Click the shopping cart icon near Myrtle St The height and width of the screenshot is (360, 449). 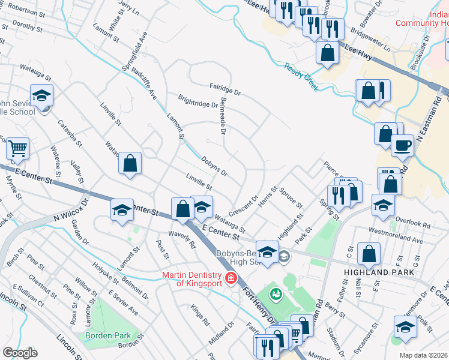click(x=17, y=147)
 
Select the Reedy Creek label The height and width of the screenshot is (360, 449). click(x=301, y=77)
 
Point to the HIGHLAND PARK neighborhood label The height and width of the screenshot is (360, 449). click(x=379, y=272)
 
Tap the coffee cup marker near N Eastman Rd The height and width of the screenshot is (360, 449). click(x=403, y=145)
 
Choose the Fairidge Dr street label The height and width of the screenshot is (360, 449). click(x=224, y=89)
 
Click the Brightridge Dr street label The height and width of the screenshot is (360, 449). click(x=197, y=100)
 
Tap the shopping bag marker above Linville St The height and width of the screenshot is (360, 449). click(x=130, y=163)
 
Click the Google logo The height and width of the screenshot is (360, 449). click(x=20, y=353)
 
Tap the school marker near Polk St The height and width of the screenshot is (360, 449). click(x=405, y=327)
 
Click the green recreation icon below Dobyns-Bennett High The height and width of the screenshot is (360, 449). click(x=276, y=293)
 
